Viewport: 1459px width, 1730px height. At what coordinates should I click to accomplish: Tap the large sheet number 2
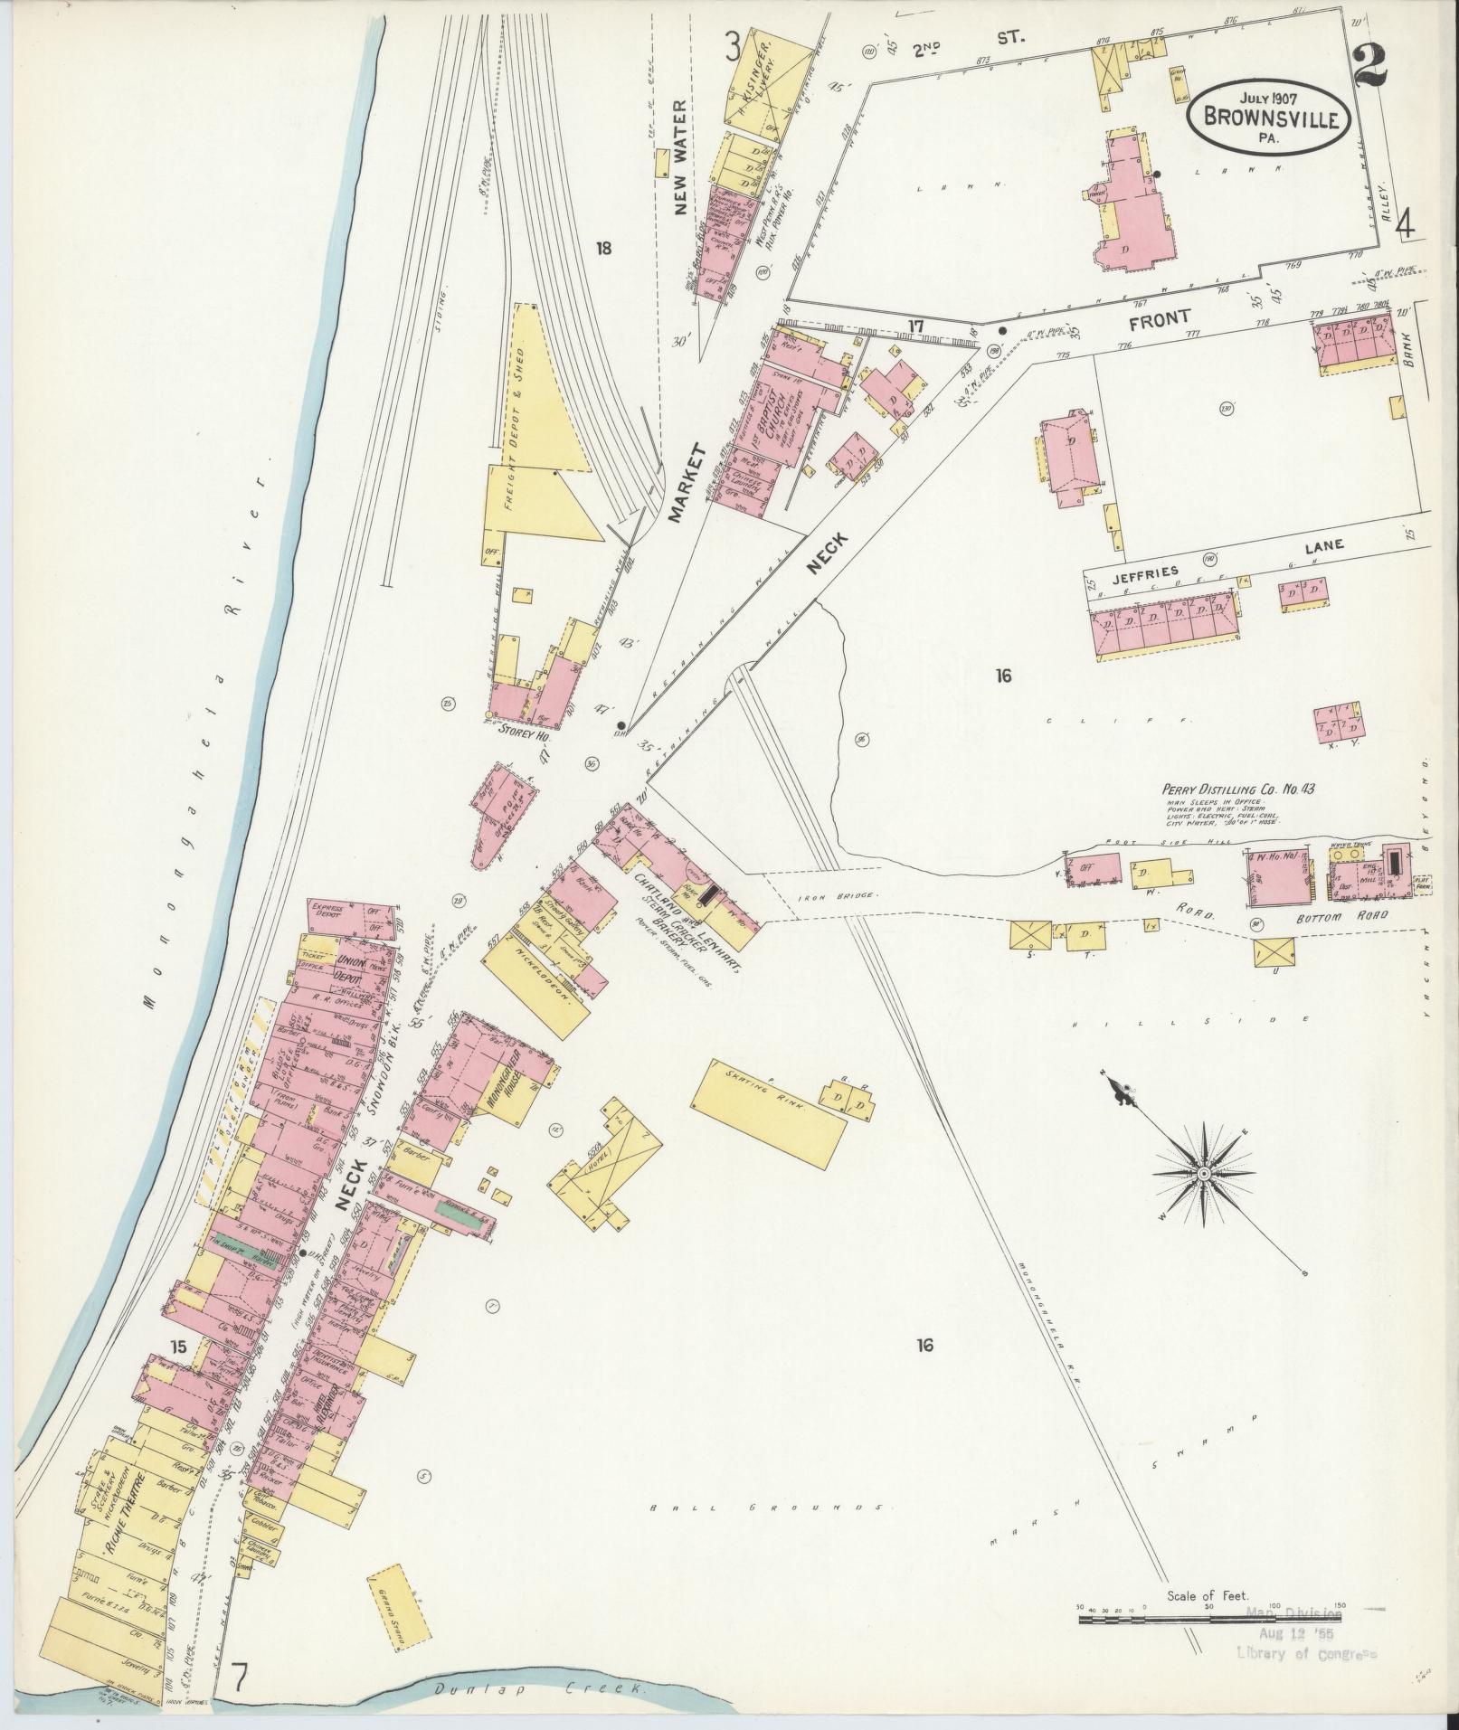click(1378, 65)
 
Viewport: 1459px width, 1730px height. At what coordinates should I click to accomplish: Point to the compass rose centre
click(1204, 1174)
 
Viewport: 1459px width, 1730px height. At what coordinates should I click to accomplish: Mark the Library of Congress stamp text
click(1306, 1653)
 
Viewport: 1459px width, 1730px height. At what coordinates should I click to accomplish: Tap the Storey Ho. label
click(519, 735)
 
